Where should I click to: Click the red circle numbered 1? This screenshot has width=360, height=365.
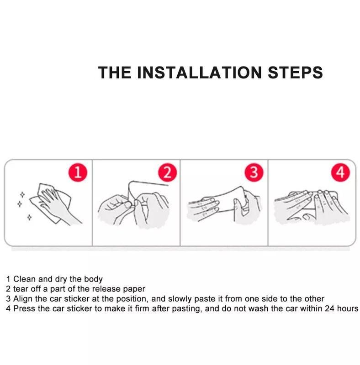(x=78, y=173)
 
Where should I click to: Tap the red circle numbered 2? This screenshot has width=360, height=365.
(x=167, y=173)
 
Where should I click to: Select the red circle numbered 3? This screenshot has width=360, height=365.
(x=254, y=173)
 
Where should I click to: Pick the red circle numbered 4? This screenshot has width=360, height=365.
(x=341, y=173)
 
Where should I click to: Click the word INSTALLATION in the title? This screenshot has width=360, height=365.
(x=200, y=72)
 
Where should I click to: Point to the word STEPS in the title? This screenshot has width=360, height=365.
(x=295, y=72)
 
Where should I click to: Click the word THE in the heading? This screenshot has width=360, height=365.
(x=115, y=72)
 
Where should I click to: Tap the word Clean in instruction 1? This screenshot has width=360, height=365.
(x=25, y=279)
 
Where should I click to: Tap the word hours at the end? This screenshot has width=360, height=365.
(x=348, y=309)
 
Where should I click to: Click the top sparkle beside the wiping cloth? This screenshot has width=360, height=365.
(x=22, y=194)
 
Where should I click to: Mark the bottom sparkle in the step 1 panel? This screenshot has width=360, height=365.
(x=29, y=218)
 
